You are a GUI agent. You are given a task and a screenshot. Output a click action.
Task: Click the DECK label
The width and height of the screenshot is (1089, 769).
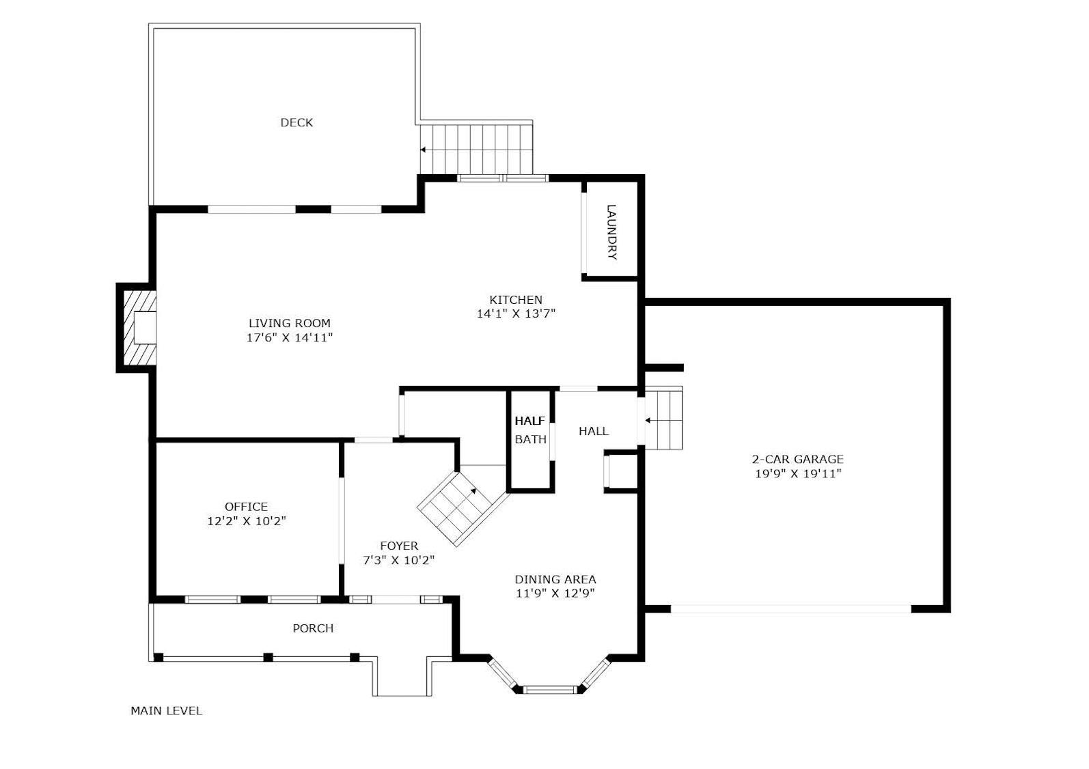(297, 122)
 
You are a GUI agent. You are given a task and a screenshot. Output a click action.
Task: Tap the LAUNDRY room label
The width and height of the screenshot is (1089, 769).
(611, 232)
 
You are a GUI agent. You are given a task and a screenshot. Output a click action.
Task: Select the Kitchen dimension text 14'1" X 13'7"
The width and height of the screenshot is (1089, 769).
(516, 313)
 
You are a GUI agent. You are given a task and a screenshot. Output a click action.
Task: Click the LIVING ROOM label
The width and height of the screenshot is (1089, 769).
(290, 323)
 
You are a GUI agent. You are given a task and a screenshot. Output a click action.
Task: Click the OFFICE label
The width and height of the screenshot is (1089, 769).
(246, 507)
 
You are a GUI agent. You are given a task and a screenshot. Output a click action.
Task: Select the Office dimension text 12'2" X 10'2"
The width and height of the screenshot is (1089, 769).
(247, 521)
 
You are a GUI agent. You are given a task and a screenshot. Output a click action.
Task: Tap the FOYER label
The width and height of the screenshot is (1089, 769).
(399, 546)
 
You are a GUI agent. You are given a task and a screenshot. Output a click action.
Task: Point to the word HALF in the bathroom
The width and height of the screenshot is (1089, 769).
(530, 421)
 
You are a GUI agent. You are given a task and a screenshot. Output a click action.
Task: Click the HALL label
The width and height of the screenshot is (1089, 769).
(594, 431)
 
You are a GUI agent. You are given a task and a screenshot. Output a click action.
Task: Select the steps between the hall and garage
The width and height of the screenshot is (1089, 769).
(664, 418)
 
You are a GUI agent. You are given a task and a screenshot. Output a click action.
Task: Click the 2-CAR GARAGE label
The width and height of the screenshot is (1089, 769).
(798, 459)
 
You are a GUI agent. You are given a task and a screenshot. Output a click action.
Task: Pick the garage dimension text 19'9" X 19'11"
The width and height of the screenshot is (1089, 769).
(798, 473)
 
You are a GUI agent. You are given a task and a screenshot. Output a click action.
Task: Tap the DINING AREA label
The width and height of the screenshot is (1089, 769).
(555, 579)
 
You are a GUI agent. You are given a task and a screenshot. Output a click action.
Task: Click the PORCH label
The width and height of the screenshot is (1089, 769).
(313, 628)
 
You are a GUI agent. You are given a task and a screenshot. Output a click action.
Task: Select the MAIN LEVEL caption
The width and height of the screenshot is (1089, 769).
(166, 711)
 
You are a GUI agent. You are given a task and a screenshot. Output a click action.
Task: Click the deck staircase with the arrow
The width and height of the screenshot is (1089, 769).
(476, 150)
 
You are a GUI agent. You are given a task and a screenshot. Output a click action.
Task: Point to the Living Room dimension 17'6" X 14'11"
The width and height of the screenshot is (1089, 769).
(290, 338)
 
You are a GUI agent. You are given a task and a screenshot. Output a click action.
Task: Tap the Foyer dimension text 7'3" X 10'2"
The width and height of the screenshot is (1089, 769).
(399, 561)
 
